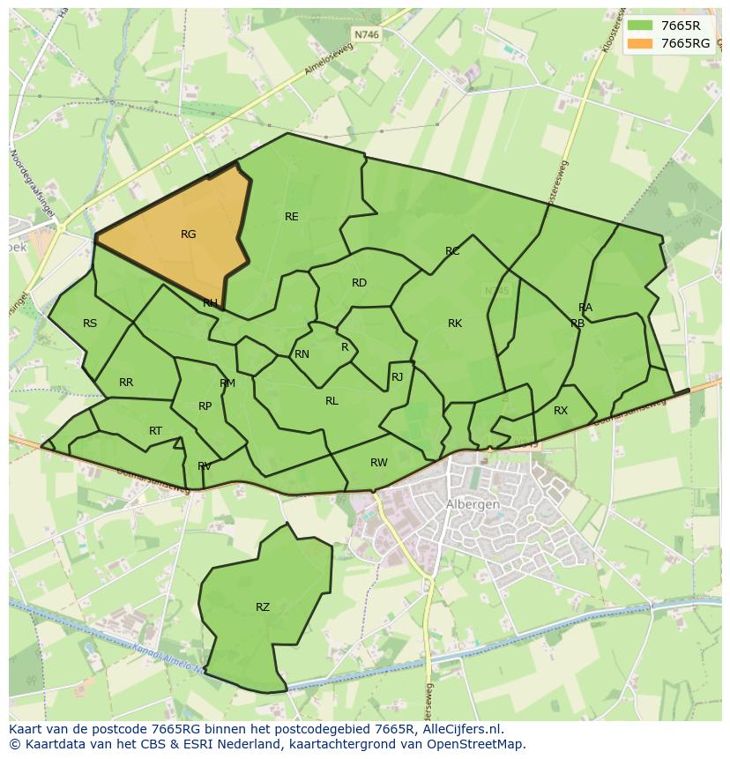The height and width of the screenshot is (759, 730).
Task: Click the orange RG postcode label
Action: [188, 234]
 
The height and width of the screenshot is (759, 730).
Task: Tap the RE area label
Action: [292, 217]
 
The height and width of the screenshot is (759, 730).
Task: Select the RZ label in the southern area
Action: [263, 607]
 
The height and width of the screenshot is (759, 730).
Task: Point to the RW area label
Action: [379, 463]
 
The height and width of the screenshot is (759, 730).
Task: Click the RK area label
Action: [455, 324]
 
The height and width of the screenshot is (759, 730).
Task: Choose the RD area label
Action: [359, 283]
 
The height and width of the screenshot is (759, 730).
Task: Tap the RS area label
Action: [90, 324]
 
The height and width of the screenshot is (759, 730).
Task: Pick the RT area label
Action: [155, 431]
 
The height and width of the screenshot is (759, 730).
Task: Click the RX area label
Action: [561, 411]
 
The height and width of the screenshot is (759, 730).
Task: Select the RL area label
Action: [331, 401]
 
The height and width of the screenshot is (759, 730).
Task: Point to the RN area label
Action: [302, 354]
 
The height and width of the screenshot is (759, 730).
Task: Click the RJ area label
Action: [397, 377]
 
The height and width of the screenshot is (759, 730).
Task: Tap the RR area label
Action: [126, 383]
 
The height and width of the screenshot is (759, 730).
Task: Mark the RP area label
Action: [205, 406]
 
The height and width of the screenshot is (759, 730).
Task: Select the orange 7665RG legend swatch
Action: [640, 43]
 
